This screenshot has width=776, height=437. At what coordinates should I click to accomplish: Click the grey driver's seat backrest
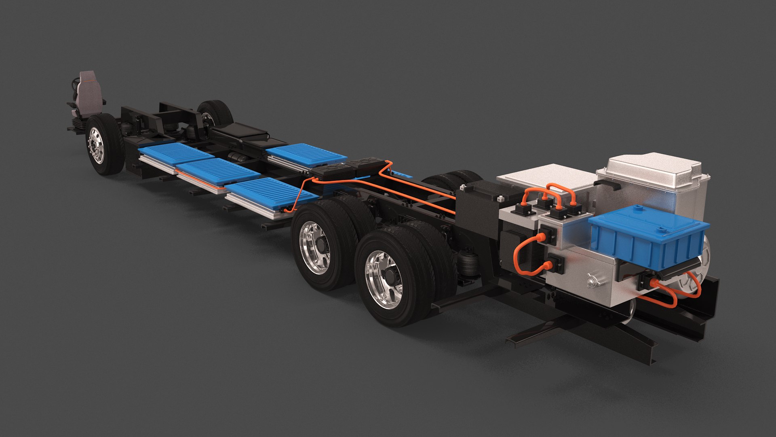click(88, 87)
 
